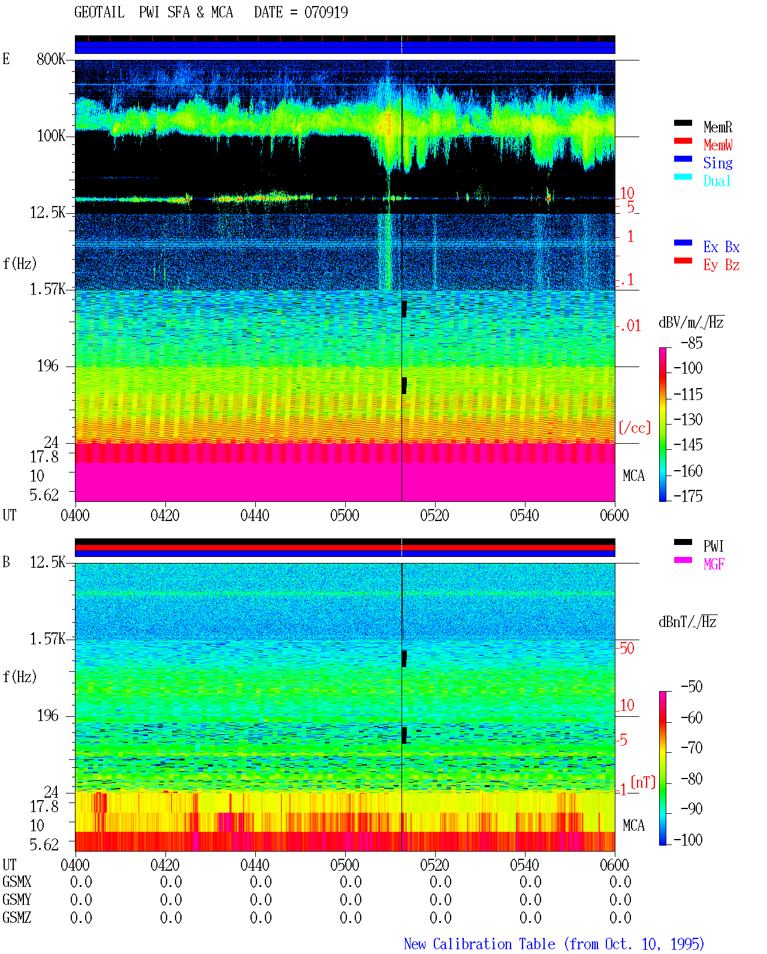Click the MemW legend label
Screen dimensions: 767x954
click(x=717, y=145)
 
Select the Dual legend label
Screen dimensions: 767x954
click(x=717, y=181)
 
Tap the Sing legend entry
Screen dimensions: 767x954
click(x=717, y=163)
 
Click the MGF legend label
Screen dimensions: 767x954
click(x=714, y=564)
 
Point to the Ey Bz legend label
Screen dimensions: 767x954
click(x=721, y=265)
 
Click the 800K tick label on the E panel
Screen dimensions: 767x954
click(x=51, y=59)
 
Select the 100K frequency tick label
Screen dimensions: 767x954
click(x=51, y=136)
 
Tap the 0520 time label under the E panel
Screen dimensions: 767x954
click(x=435, y=515)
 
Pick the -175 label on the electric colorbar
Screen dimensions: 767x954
click(x=687, y=496)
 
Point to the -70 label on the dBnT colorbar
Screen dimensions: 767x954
click(x=691, y=747)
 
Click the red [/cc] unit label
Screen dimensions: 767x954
click(x=635, y=428)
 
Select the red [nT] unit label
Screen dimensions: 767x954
click(x=643, y=782)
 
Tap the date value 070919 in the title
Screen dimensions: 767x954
click(x=326, y=13)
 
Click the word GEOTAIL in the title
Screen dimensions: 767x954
click(x=99, y=13)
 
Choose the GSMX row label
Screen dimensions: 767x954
click(x=17, y=882)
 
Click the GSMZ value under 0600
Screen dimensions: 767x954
click(x=620, y=917)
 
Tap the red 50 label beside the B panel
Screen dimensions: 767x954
click(x=626, y=648)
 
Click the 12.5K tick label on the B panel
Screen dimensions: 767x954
click(x=47, y=562)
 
